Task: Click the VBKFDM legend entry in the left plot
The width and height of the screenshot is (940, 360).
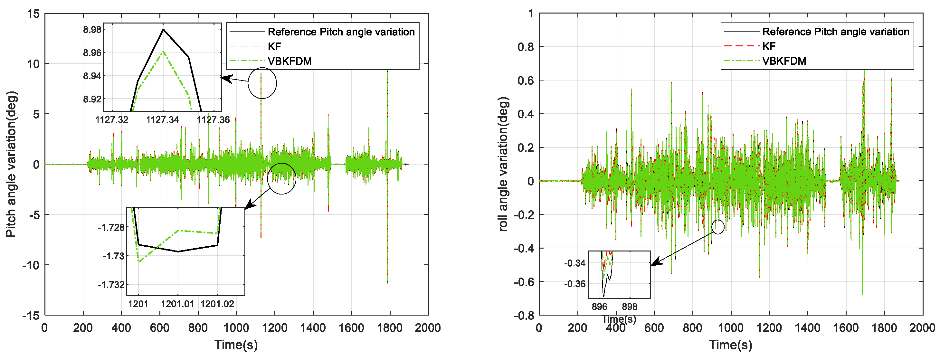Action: coord(290,61)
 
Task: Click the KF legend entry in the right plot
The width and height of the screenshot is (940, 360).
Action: coord(769,46)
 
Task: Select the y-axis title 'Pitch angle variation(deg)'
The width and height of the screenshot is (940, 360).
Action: coord(11,164)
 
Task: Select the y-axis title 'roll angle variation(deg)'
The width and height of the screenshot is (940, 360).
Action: coord(503,164)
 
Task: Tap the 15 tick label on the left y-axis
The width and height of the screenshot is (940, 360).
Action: coord(33,14)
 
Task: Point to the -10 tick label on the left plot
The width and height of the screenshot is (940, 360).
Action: coord(31,265)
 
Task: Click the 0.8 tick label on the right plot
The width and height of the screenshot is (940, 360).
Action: coord(526,47)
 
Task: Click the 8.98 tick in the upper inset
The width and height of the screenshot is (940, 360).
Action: coord(92,30)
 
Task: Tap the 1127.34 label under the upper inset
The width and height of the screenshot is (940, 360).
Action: coord(163,120)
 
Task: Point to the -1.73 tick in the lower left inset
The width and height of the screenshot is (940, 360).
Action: coord(113,256)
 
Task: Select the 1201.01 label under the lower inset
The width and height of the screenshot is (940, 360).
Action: coord(178,304)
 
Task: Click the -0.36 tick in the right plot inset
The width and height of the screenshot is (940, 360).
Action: coord(575,284)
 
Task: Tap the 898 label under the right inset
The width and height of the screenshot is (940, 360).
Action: coord(630,307)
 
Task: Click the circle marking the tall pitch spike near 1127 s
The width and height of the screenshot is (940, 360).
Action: coord(262,83)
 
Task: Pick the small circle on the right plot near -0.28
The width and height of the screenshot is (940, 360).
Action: coord(718,227)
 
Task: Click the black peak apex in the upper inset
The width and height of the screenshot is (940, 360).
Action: coord(163,30)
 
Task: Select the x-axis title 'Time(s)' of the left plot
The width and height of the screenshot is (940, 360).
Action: coord(236,345)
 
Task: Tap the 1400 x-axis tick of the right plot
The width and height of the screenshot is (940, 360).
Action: coord(807,327)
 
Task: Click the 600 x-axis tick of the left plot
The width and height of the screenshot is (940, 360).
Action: coord(159,327)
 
